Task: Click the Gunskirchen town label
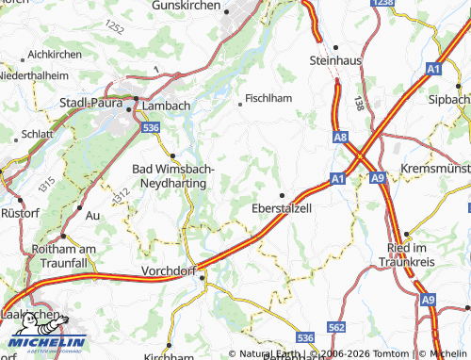tap(187, 6)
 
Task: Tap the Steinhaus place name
tap(335, 59)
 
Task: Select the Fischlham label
tap(268, 97)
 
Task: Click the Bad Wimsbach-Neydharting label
tap(173, 174)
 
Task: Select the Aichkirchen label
tap(56, 55)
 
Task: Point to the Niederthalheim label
tap(35, 75)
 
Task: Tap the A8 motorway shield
tap(340, 138)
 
